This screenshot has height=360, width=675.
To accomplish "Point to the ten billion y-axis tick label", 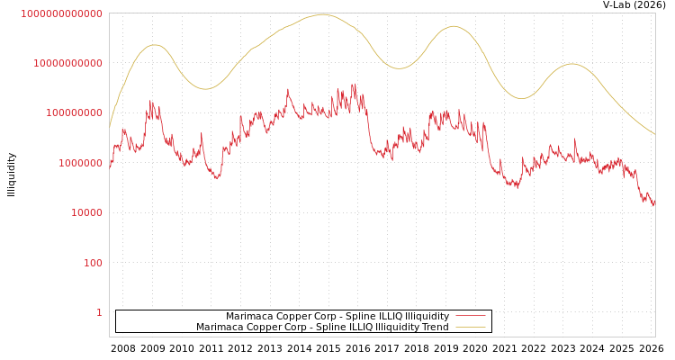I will [67, 63].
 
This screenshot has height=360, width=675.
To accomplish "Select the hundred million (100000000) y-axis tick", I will [74, 113].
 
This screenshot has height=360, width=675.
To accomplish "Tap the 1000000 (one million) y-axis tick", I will [80, 163].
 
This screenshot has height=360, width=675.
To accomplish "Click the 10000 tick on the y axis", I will [86, 213].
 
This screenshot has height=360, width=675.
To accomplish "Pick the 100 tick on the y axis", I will [93, 263].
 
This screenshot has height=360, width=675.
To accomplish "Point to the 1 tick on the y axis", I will [99, 312].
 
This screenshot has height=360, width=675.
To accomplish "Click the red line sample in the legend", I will [471, 316].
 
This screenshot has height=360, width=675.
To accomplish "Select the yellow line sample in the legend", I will [471, 327].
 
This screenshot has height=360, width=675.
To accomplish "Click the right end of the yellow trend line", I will [654, 134].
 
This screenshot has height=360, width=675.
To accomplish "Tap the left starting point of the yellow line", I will [110, 128].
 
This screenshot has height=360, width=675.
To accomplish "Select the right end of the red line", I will [654, 204].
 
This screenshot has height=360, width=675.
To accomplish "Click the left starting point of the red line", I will [110, 165].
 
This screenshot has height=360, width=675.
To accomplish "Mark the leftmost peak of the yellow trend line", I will [155, 45].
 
